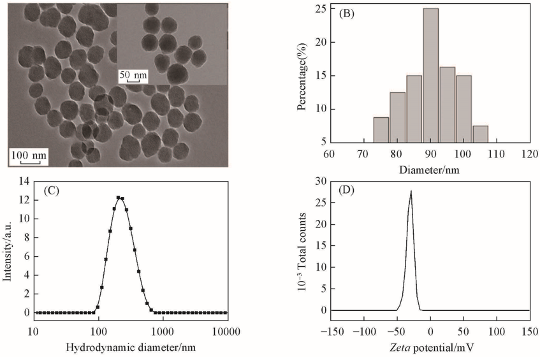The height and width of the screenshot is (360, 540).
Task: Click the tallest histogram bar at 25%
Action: pos(430,76)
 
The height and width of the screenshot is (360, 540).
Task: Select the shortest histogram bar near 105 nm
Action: pos(480,134)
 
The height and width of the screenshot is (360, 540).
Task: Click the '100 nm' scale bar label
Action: pos(29,155)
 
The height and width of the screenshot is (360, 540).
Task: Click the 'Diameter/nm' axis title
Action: pos(430,170)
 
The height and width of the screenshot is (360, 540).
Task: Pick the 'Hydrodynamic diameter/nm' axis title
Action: pos(130,348)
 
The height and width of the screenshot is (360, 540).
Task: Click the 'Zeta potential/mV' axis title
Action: pos(430,348)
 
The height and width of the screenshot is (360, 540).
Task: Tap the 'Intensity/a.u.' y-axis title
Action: pos(8,248)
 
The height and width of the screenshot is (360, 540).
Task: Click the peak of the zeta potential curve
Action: pos(411,191)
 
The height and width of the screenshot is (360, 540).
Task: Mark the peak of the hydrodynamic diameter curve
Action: pos(119,198)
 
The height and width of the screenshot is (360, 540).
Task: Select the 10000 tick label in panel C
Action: pos(225,331)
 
